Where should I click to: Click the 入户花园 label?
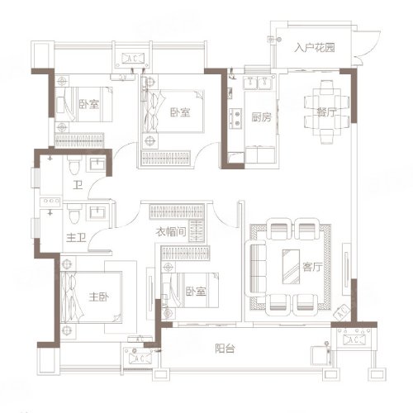(315, 48)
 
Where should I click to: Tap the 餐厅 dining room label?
(326, 112)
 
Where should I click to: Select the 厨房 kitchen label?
(261, 117)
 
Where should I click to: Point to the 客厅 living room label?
(312, 267)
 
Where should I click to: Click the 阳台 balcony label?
(225, 349)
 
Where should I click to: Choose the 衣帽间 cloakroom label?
(171, 232)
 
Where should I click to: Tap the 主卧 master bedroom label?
(99, 297)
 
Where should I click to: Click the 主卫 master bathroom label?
(76, 238)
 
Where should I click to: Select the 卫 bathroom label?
(78, 185)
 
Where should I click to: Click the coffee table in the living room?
(291, 267)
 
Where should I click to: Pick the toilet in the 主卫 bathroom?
(74, 213)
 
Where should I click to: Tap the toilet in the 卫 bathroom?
(74, 164)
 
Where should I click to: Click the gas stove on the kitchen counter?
(235, 118)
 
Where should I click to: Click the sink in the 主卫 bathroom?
(97, 212)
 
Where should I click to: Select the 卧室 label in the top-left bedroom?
(89, 104)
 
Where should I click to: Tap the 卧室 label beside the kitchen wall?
(180, 112)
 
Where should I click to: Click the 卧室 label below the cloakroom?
(196, 292)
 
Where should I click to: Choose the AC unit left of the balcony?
(138, 358)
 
